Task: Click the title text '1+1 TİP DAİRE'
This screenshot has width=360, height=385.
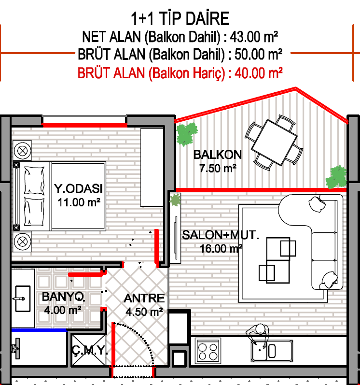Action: click(180, 19)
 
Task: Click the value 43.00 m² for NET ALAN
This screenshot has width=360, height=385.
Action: click(254, 37)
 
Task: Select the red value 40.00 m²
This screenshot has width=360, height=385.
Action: click(259, 73)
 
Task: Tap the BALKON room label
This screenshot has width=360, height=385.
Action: click(218, 155)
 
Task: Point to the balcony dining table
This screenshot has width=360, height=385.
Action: click(274, 143)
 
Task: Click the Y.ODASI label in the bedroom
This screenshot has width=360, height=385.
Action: click(79, 188)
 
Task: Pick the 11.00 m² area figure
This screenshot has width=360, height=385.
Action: click(79, 202)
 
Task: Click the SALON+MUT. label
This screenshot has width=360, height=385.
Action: click(221, 235)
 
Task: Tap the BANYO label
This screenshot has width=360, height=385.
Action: click(64, 297)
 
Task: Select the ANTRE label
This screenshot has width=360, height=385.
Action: click(144, 299)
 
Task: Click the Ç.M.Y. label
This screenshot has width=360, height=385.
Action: click(89, 350)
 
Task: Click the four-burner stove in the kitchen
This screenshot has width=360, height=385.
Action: click(208, 351)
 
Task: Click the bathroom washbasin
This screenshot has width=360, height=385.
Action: click(22, 299)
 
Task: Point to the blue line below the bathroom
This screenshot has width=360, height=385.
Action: click(39, 330)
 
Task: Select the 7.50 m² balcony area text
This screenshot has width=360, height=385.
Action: click(218, 169)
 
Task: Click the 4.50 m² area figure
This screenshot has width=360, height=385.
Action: click(144, 312)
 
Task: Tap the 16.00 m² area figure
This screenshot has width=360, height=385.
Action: click(221, 248)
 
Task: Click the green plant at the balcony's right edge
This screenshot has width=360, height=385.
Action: click(336, 177)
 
